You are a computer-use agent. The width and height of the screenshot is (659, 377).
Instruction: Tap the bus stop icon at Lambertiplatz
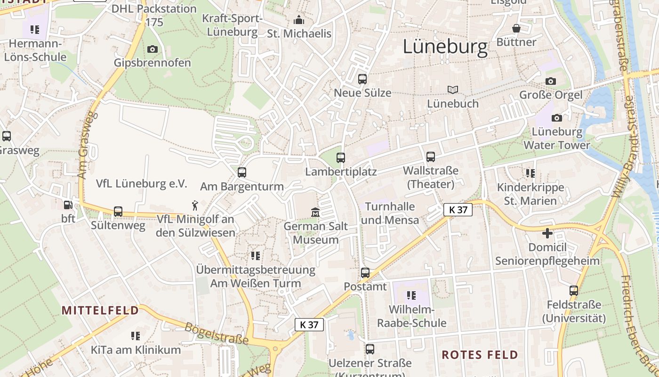(x=341, y=158)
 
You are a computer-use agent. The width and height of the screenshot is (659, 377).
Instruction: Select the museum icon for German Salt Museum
(x=315, y=213)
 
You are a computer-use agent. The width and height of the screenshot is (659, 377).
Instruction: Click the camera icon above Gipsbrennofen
(x=152, y=49)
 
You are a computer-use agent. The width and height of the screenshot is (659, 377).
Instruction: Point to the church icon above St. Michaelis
(x=299, y=20)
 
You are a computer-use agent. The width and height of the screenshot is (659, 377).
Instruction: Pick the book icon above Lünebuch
(x=452, y=90)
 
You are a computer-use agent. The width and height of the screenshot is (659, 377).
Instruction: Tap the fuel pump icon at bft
(x=68, y=205)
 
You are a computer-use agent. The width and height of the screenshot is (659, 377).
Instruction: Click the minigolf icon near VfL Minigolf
(x=195, y=205)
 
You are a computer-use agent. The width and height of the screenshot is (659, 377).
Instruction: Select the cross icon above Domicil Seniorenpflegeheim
(x=547, y=233)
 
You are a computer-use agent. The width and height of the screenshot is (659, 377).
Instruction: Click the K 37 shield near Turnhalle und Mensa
(x=458, y=210)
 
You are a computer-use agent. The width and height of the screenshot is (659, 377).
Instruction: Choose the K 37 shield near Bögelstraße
(x=309, y=324)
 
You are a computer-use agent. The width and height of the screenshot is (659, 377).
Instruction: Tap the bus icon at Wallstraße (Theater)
(x=430, y=157)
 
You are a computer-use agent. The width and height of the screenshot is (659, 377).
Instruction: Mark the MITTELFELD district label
(x=101, y=310)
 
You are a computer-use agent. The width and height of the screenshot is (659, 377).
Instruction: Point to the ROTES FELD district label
(x=480, y=355)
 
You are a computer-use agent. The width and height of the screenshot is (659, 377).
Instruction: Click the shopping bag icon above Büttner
(x=516, y=28)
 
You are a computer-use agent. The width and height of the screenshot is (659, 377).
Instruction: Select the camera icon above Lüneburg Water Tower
(x=557, y=117)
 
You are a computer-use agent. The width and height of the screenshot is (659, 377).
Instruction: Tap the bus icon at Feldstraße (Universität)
(x=573, y=291)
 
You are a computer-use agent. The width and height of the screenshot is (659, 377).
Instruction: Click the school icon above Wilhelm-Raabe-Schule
(x=411, y=295)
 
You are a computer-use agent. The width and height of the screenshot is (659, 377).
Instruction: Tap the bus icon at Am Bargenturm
(x=242, y=172)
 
